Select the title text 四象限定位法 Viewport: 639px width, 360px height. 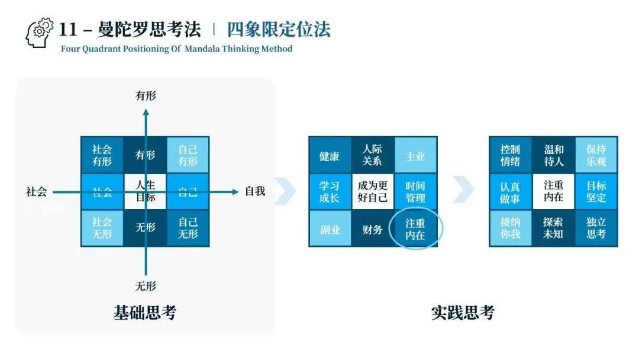tap(279, 29)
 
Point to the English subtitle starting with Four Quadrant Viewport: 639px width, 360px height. tap(176, 49)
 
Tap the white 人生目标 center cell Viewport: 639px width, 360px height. tap(146, 191)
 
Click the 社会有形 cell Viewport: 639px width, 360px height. tap(102, 155)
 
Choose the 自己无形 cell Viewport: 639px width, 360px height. tap(188, 228)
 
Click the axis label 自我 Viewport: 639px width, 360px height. tap(255, 191)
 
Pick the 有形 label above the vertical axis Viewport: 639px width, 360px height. tap(146, 95)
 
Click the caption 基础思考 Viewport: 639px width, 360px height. tap(145, 312)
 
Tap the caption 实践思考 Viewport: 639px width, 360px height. tap(463, 312)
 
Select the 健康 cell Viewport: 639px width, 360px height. tap(330, 156)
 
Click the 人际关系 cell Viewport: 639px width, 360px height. tap(372, 155)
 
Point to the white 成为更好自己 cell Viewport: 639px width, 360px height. tap(373, 191)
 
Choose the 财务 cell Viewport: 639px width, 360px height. tap(373, 229)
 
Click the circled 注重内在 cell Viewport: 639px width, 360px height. tap(415, 229)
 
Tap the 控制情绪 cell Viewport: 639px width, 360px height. tap(510, 156)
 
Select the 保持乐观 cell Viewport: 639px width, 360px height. tap(596, 156)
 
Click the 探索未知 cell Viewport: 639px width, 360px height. tap(553, 228)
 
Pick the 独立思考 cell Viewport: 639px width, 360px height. tap(596, 228)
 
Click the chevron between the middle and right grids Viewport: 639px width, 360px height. tap(463, 189)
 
